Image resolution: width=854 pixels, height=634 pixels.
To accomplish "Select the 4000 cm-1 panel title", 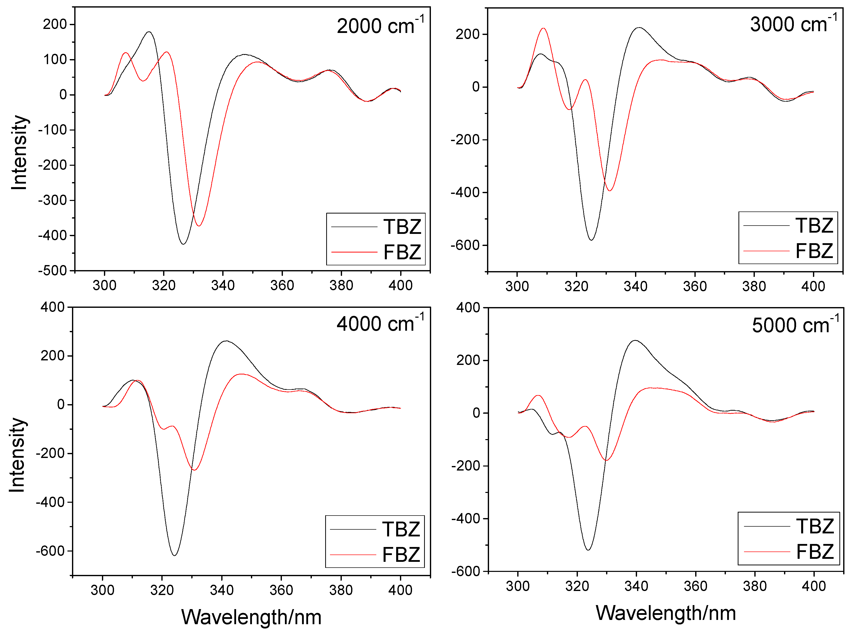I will [x=380, y=323].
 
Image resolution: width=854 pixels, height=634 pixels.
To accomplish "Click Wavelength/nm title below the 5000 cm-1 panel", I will [x=665, y=613].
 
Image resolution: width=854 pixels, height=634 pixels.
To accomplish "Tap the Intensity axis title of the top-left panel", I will [x=19, y=152].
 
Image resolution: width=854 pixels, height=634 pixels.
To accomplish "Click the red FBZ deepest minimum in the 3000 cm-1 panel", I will [x=609, y=190].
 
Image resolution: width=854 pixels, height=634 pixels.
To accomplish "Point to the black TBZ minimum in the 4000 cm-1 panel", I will [x=174, y=555].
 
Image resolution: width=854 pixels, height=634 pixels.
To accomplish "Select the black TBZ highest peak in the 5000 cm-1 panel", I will [x=636, y=341].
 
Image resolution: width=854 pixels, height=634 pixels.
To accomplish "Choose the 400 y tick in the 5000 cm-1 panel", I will [x=468, y=307].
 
